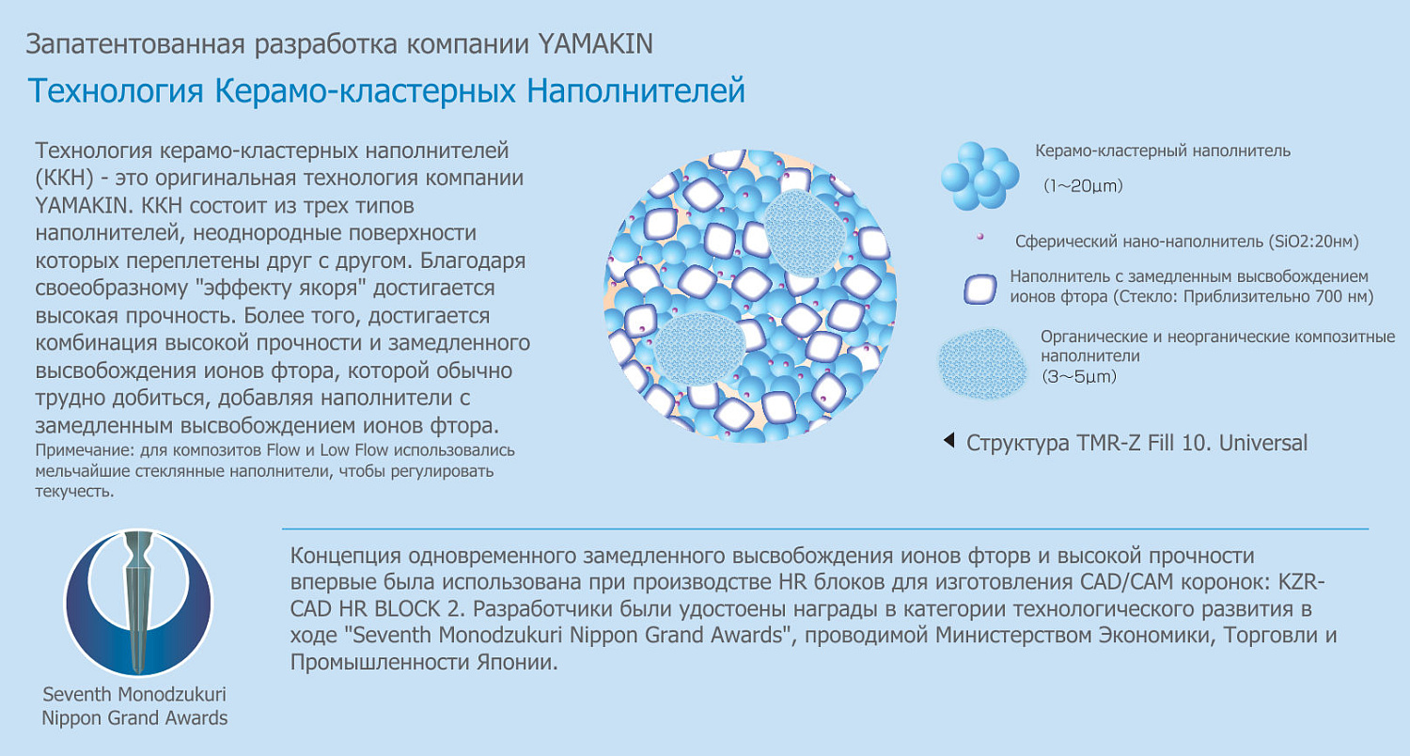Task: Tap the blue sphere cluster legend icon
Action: [979, 176]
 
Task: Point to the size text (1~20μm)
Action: [1083, 186]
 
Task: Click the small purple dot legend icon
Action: [980, 237]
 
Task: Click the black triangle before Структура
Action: [949, 440]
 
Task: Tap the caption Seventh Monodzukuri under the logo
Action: [134, 695]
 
